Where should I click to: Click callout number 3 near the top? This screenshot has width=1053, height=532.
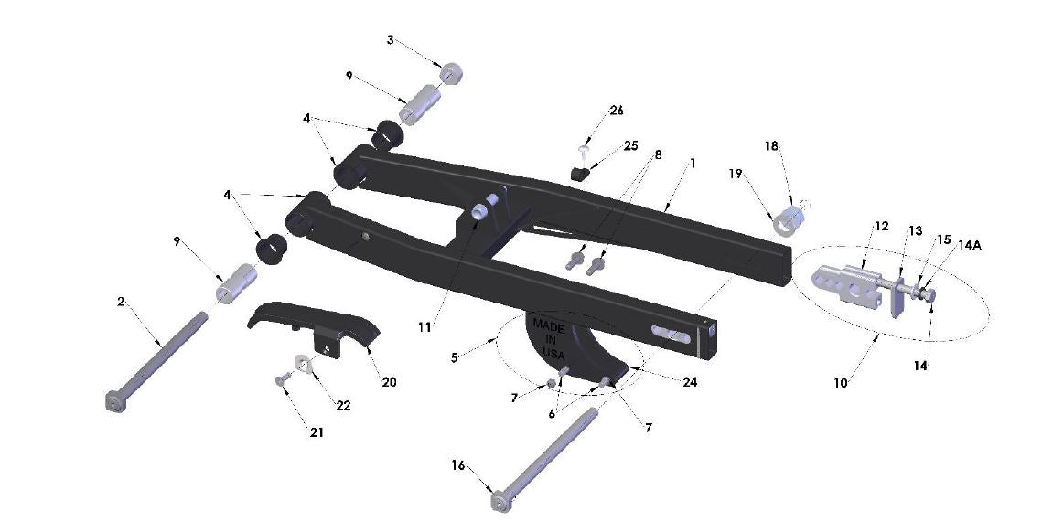click(391, 40)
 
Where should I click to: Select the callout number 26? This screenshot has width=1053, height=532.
click(616, 111)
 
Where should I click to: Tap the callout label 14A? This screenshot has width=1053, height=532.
click(971, 245)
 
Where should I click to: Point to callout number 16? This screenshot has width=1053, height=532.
click(457, 465)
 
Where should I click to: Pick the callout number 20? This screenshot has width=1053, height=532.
click(389, 382)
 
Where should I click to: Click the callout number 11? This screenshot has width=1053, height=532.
click(424, 325)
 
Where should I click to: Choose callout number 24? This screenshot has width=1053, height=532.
click(689, 381)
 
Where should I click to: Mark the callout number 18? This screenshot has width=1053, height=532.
click(771, 146)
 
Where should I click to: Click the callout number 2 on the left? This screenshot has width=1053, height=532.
click(121, 301)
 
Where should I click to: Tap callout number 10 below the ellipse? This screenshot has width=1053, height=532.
click(840, 383)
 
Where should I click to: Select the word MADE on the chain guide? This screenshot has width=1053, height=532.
click(550, 326)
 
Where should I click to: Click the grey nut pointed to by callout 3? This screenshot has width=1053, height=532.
click(450, 73)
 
